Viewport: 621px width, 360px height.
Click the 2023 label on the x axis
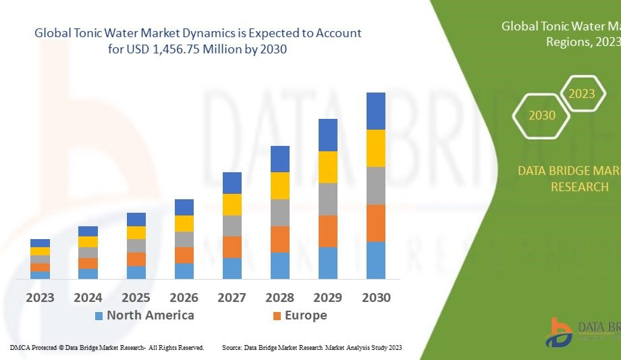pyautogui.click(x=40, y=297)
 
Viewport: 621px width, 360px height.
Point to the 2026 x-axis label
pyautogui.click(x=184, y=297)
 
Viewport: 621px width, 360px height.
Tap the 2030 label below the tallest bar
pyautogui.click(x=376, y=297)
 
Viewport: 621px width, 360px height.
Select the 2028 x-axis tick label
pyautogui.click(x=280, y=297)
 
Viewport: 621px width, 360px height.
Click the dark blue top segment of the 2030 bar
pyautogui.click(x=376, y=111)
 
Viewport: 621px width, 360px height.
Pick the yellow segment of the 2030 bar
pyautogui.click(x=376, y=148)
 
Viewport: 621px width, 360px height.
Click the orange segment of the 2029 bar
pyautogui.click(x=328, y=231)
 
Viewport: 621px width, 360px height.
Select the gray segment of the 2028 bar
pyautogui.click(x=280, y=212)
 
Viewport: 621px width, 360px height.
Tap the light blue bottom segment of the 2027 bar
pyautogui.click(x=232, y=268)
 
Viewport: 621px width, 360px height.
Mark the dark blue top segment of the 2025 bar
pyautogui.click(x=136, y=219)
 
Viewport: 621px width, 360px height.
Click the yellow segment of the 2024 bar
pyautogui.click(x=88, y=241)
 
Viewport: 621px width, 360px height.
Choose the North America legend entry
pyautogui.click(x=150, y=315)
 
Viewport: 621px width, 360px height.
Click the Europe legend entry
pyautogui.click(x=305, y=315)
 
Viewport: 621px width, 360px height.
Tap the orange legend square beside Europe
pyautogui.click(x=277, y=316)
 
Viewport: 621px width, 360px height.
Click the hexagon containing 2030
pyautogui.click(x=542, y=115)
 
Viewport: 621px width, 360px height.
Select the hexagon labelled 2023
pyautogui.click(x=581, y=94)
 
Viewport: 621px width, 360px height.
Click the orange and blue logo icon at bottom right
pyautogui.click(x=558, y=332)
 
